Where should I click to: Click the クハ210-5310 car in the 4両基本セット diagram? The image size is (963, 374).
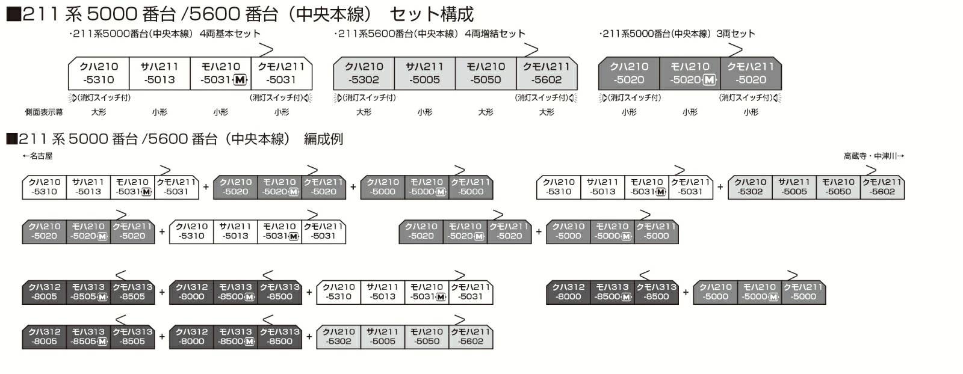tap(99, 73)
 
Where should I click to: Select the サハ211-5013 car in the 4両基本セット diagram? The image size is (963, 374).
tap(159, 73)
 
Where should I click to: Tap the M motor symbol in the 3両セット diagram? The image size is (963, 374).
tap(710, 80)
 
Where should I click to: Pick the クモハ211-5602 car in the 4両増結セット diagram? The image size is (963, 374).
tap(547, 73)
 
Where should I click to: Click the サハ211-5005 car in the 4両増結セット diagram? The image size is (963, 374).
tap(424, 73)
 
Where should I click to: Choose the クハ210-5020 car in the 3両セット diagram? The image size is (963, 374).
tap(629, 73)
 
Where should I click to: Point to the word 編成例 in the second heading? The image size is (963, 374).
tap(323, 139)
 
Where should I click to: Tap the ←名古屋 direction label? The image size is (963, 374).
tap(37, 156)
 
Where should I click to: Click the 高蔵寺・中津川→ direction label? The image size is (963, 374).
tap(873, 156)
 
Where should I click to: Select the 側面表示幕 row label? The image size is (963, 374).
tap(43, 112)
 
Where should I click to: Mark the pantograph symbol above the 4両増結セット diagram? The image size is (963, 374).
tap(530, 49)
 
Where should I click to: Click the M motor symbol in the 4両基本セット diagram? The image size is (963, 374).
tap(240, 80)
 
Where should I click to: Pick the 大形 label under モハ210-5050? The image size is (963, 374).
tap(485, 112)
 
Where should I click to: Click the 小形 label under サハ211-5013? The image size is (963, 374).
tap(159, 112)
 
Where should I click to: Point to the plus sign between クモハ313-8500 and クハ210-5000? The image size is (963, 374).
tap(686, 292)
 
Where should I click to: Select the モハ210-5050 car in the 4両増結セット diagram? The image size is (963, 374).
tap(486, 73)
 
